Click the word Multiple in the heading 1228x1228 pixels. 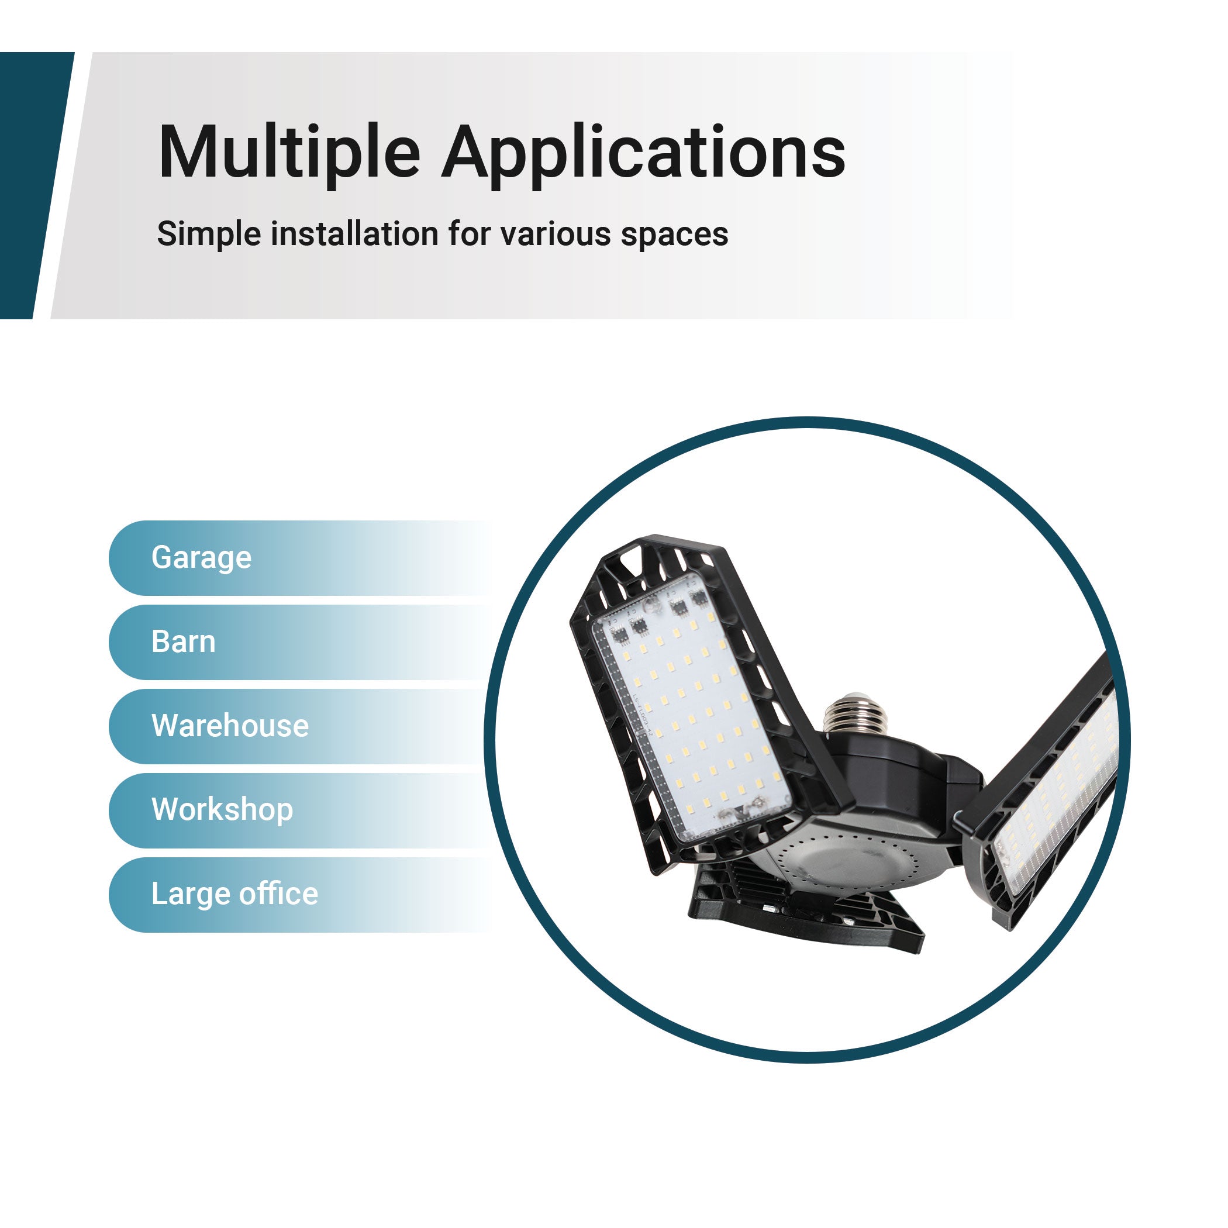pyautogui.click(x=289, y=152)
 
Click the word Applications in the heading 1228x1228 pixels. pyautogui.click(x=644, y=155)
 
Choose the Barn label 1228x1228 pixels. pyautogui.click(x=183, y=641)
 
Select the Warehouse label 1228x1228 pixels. pyautogui.click(x=229, y=725)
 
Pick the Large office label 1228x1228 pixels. pyautogui.click(x=234, y=894)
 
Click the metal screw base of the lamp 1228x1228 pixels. pyautogui.click(x=848, y=713)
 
